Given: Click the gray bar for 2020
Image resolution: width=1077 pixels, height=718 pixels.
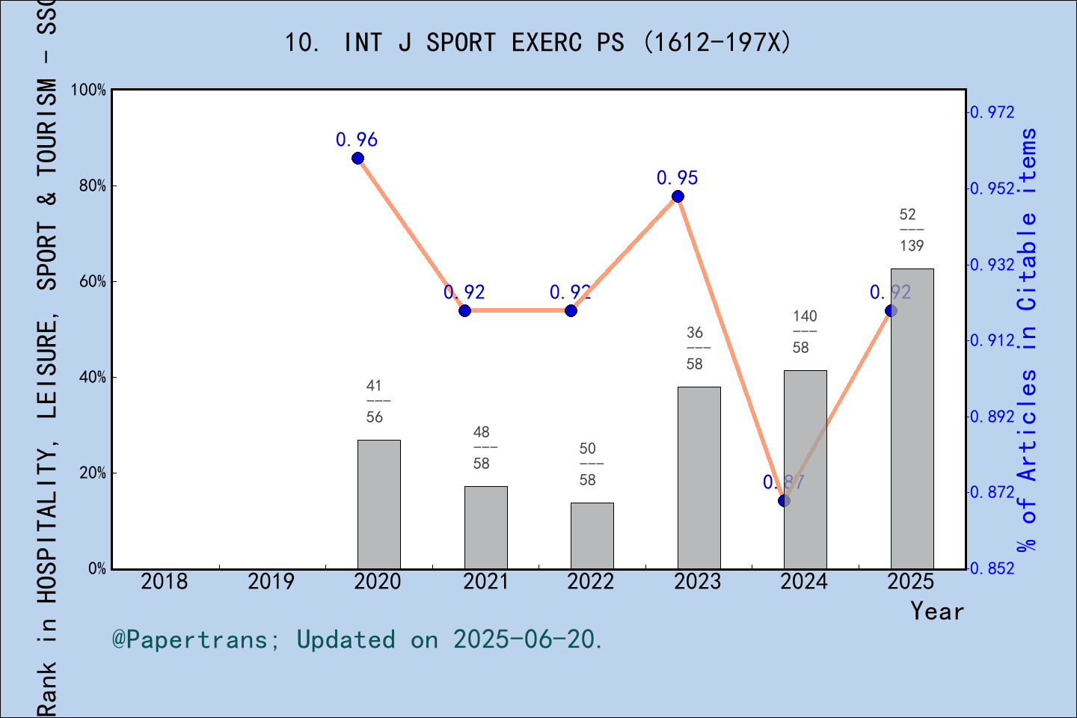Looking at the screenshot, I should (x=379, y=504).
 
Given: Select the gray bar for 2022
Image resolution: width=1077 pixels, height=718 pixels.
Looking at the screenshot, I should (x=592, y=536).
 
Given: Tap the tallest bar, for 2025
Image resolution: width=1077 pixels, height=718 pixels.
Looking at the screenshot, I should (x=912, y=419).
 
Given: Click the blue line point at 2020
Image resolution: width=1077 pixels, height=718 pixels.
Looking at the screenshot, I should (x=358, y=159).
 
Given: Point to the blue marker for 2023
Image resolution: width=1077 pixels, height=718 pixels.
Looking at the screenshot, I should (x=678, y=197).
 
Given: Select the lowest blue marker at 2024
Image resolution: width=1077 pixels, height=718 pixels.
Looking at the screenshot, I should (x=784, y=500).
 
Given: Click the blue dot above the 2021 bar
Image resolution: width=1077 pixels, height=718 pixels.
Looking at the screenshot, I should (x=464, y=310).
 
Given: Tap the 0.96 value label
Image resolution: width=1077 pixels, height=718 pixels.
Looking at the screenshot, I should (x=357, y=140).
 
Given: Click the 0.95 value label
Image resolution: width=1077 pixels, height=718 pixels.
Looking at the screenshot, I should (x=678, y=178).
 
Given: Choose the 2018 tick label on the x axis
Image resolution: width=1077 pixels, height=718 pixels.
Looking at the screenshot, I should (x=165, y=581).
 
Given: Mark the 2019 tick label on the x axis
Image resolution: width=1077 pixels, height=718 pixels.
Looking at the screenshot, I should (x=271, y=581).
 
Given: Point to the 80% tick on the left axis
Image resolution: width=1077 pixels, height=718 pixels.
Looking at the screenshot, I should (x=93, y=186).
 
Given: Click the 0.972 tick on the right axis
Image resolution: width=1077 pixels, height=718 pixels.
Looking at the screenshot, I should (x=992, y=112).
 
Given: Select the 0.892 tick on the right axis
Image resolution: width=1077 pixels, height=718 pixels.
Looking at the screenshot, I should (x=992, y=417).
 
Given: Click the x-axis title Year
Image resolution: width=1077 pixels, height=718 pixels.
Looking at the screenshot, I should (x=937, y=611).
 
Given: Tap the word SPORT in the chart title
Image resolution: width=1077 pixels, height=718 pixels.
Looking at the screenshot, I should (x=461, y=43).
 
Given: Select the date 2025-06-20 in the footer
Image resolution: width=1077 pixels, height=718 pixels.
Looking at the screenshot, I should (x=527, y=639).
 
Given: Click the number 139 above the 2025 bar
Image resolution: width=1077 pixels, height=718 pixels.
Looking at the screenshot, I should (x=912, y=245).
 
